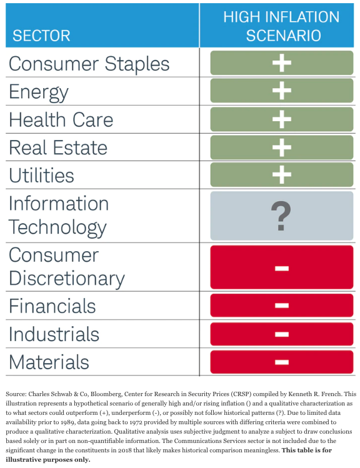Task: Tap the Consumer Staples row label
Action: (x=89, y=64)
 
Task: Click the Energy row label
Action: (x=39, y=92)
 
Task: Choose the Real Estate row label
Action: (x=58, y=147)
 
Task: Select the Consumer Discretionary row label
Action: (x=66, y=267)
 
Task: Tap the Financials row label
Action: (x=52, y=306)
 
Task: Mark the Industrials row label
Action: (x=54, y=334)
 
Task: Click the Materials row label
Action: (x=49, y=362)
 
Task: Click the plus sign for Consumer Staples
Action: (x=281, y=63)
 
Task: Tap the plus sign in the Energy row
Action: (x=281, y=91)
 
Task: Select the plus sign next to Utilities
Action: (x=281, y=174)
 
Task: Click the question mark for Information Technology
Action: (x=281, y=216)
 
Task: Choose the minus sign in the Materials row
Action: (x=281, y=362)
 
